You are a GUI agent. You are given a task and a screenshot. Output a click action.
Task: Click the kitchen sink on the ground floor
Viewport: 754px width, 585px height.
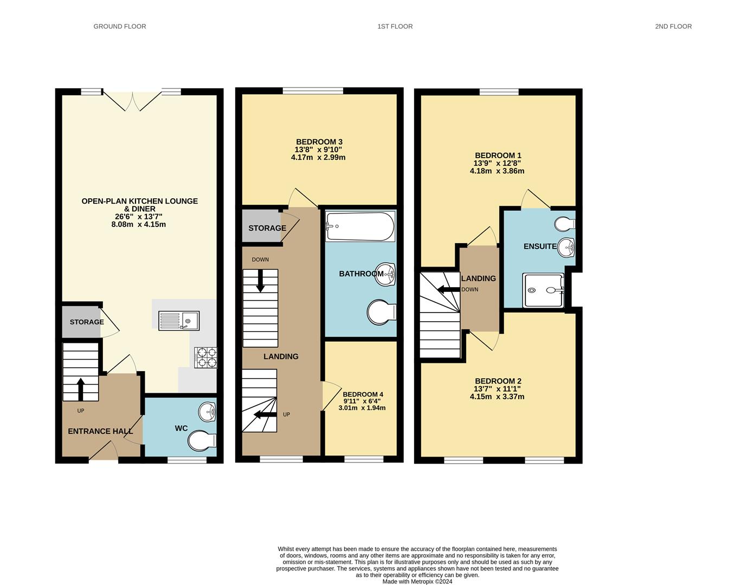pyautogui.click(x=179, y=321)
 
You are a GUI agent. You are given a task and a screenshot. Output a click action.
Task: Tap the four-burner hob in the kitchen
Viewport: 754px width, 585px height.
pyautogui.click(x=206, y=357)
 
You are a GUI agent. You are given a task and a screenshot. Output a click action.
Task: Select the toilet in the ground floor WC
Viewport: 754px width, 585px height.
pyautogui.click(x=202, y=441)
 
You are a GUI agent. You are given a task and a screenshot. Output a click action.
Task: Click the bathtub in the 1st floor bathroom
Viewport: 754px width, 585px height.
pyautogui.click(x=360, y=226)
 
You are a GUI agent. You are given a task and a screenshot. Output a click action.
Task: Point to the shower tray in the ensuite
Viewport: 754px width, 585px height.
pyautogui.click(x=543, y=290)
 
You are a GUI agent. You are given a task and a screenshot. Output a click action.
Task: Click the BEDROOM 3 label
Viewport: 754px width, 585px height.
pyautogui.click(x=319, y=142)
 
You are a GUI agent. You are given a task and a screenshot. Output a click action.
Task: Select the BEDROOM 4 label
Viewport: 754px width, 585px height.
pyautogui.click(x=363, y=394)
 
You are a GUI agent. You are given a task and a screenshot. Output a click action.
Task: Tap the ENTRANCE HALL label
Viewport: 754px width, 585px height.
pyautogui.click(x=100, y=432)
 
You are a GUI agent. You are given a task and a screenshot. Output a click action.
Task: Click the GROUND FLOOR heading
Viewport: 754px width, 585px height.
pyautogui.click(x=120, y=27)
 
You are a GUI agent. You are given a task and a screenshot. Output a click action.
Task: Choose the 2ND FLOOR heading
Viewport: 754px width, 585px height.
pyautogui.click(x=673, y=27)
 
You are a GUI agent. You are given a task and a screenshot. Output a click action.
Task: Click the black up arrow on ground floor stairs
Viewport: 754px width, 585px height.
pyautogui.click(x=81, y=389)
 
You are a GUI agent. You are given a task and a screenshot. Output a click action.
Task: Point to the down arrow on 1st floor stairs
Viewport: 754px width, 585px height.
pyautogui.click(x=260, y=281)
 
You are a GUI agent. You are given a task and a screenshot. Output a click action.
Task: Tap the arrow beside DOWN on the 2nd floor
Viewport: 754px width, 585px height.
pyautogui.click(x=449, y=289)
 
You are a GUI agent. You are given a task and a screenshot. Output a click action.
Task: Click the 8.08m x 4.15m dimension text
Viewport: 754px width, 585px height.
pyautogui.click(x=138, y=225)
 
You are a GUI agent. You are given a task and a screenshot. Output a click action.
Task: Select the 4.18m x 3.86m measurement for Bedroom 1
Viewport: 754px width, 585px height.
pyautogui.click(x=497, y=171)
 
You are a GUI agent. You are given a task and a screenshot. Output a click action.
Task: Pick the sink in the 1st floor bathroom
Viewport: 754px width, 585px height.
pyautogui.click(x=385, y=274)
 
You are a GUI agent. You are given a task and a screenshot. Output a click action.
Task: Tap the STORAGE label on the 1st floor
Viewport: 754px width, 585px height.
pyautogui.click(x=267, y=228)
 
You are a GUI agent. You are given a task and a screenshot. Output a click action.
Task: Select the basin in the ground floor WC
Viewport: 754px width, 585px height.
pyautogui.click(x=208, y=412)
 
